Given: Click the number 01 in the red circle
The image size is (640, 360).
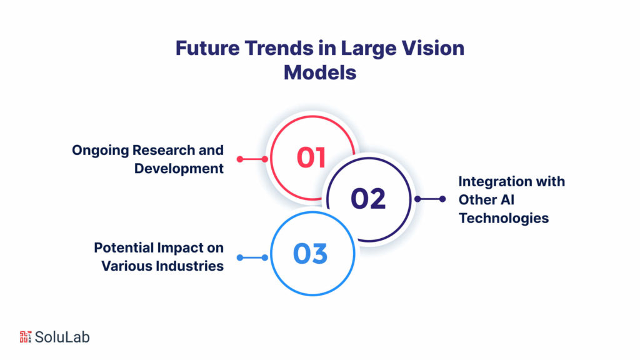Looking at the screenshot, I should coord(311,157).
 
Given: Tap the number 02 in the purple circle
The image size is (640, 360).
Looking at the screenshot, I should coord(367,199).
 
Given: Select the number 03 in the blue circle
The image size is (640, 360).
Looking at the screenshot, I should coord(310,254).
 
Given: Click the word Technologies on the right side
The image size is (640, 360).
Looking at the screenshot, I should coord(504,218).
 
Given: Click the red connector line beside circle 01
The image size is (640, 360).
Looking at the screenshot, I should coord(252,159).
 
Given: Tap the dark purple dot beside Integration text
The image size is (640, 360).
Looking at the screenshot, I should coord(442,199).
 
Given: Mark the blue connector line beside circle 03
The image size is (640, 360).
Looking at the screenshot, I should coord(252,257).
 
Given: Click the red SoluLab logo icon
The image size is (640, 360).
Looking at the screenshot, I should coord(25,337).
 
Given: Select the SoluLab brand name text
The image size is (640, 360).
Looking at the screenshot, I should coord(62,337).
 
